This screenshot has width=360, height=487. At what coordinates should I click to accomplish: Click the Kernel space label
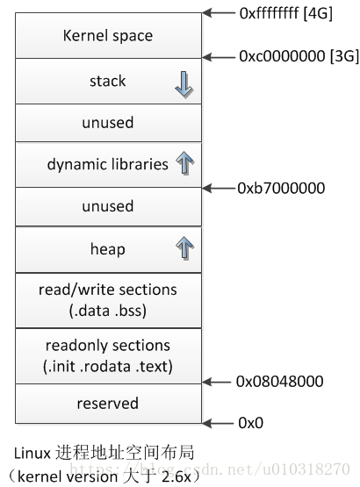point(108,36)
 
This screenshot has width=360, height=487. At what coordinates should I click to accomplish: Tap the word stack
point(108,81)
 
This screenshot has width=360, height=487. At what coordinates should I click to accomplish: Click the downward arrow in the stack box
point(184,85)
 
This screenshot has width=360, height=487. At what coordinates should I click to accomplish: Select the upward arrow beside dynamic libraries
point(184,163)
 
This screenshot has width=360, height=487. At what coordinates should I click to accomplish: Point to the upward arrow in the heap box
point(184,247)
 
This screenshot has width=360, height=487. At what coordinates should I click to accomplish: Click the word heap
point(108,249)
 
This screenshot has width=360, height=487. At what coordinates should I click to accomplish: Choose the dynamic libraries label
point(108,164)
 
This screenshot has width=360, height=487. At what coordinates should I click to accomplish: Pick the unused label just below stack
point(108,122)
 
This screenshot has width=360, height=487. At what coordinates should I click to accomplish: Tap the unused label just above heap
point(108,206)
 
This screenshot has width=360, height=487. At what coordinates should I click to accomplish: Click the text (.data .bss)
point(108,311)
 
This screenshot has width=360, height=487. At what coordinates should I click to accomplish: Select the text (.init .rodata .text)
point(108,367)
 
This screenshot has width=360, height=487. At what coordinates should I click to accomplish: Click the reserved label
point(108,404)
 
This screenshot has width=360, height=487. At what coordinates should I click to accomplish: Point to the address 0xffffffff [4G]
point(286,14)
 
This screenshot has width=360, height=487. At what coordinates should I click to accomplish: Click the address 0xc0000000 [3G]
point(299,56)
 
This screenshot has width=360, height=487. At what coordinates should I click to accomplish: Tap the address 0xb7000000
point(281,188)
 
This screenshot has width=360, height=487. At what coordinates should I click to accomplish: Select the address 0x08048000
point(279,382)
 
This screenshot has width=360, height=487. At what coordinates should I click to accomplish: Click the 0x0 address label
point(250,423)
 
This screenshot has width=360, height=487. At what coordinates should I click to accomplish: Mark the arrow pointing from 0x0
point(218,423)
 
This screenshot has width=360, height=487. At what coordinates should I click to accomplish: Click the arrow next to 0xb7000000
point(219,188)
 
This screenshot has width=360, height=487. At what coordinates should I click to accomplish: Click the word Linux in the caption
point(32,454)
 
